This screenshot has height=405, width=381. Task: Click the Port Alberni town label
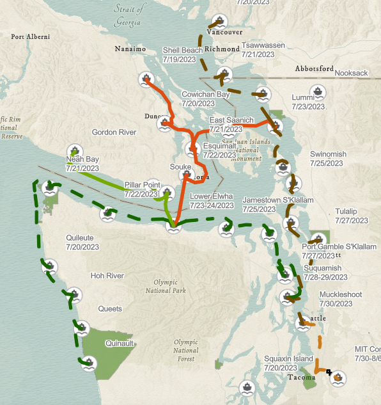point(30,37)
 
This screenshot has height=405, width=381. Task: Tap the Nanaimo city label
point(130,49)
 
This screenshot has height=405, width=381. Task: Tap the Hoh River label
point(107,276)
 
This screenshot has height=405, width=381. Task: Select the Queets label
point(109,308)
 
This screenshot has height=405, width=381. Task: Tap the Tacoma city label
point(300,377)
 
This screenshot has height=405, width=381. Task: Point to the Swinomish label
point(328,154)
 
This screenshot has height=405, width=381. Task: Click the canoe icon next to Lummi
point(320,91)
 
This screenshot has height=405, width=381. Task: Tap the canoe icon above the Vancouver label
point(221,20)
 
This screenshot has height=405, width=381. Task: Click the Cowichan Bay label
point(205,94)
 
